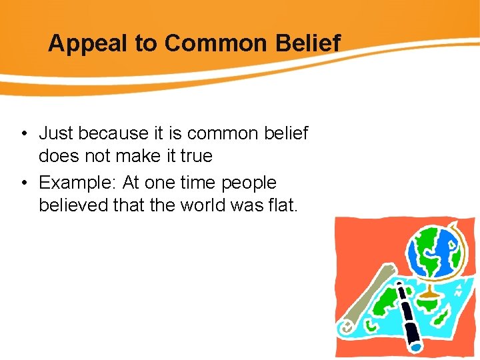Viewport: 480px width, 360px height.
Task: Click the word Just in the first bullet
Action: tap(56, 133)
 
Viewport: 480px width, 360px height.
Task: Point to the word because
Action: tap(111, 133)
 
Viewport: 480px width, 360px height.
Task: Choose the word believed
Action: tap(74, 205)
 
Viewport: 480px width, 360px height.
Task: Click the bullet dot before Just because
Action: tap(23, 134)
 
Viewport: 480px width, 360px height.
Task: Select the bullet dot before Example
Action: tap(23, 183)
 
